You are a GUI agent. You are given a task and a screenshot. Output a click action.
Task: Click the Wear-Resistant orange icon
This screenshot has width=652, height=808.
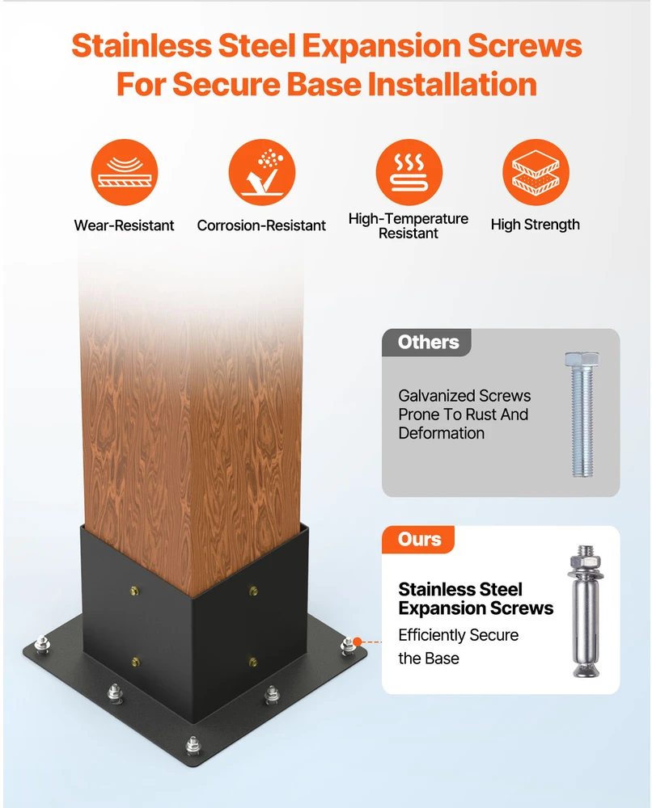[x=125, y=172]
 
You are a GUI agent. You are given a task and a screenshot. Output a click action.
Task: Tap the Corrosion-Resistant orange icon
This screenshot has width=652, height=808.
[x=261, y=172]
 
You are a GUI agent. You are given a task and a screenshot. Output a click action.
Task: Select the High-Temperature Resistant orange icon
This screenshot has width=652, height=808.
[x=409, y=172]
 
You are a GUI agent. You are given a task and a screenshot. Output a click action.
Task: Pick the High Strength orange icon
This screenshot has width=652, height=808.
[x=536, y=172]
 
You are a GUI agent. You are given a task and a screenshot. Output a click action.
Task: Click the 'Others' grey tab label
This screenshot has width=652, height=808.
[x=428, y=342]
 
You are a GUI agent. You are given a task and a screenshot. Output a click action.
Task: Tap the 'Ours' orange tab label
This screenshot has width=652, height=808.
[x=419, y=540]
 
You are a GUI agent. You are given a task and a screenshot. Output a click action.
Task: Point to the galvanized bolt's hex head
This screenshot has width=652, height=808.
[x=582, y=359]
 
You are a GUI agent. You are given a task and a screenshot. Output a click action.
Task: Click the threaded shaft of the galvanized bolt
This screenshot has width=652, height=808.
[x=582, y=421]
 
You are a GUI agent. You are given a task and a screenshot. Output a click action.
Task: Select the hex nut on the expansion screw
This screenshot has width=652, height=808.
[x=584, y=560]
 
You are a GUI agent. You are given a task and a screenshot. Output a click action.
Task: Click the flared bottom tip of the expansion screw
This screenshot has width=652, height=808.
[x=586, y=670]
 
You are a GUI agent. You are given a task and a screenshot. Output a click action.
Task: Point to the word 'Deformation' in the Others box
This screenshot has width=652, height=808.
[x=442, y=433]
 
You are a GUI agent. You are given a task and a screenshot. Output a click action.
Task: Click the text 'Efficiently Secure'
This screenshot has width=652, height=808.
[x=459, y=635]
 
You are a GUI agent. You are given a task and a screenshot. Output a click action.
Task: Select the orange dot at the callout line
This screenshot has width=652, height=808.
[x=357, y=642]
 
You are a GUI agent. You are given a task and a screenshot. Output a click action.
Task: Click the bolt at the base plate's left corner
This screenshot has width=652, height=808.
[x=42, y=644]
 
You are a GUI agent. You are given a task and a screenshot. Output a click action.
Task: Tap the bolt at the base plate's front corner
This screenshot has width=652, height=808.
[x=193, y=745]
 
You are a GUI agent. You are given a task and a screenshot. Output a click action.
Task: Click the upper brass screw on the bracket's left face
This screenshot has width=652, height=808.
[x=134, y=591]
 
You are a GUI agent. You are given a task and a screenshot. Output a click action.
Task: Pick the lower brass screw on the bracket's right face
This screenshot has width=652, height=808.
[x=253, y=662]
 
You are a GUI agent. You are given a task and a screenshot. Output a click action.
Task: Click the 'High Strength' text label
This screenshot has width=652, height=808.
[x=536, y=225]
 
